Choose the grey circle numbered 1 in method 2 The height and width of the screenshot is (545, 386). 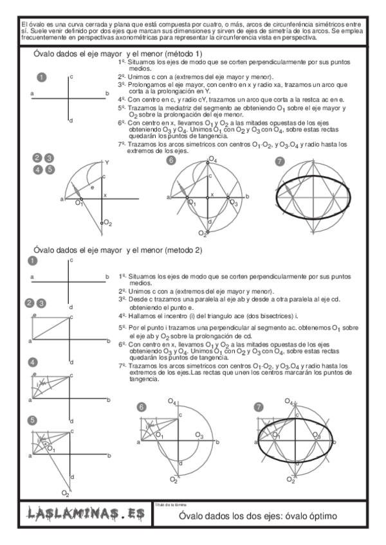coord(30,261)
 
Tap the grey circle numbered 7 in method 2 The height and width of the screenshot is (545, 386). coord(259,407)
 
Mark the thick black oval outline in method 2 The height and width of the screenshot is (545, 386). coord(259,436)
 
